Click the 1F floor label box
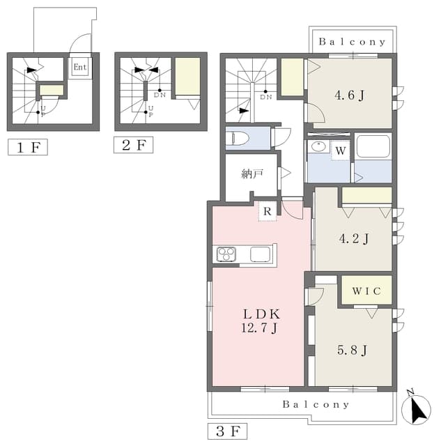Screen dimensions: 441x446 point(28,147)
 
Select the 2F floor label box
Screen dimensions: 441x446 point(133,145)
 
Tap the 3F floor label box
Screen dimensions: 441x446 point(227,431)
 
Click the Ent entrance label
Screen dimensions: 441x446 point(80,67)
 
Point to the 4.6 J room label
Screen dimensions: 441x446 point(350,95)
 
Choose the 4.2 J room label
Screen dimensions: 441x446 point(354,238)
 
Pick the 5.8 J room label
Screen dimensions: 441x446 point(352,350)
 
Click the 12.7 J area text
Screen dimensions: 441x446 point(259,328)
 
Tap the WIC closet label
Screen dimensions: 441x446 point(366,291)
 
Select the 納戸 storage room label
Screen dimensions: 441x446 point(252,174)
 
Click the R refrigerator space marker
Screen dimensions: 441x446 point(268,211)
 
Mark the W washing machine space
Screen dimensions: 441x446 point(341,151)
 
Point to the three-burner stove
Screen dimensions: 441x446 point(226,254)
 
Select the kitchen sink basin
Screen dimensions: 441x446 point(260,254)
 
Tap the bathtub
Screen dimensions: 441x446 point(373,146)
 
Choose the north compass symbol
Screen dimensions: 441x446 point(416,408)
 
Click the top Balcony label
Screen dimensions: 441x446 point(352,42)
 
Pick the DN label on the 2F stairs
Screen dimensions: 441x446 point(160,95)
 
